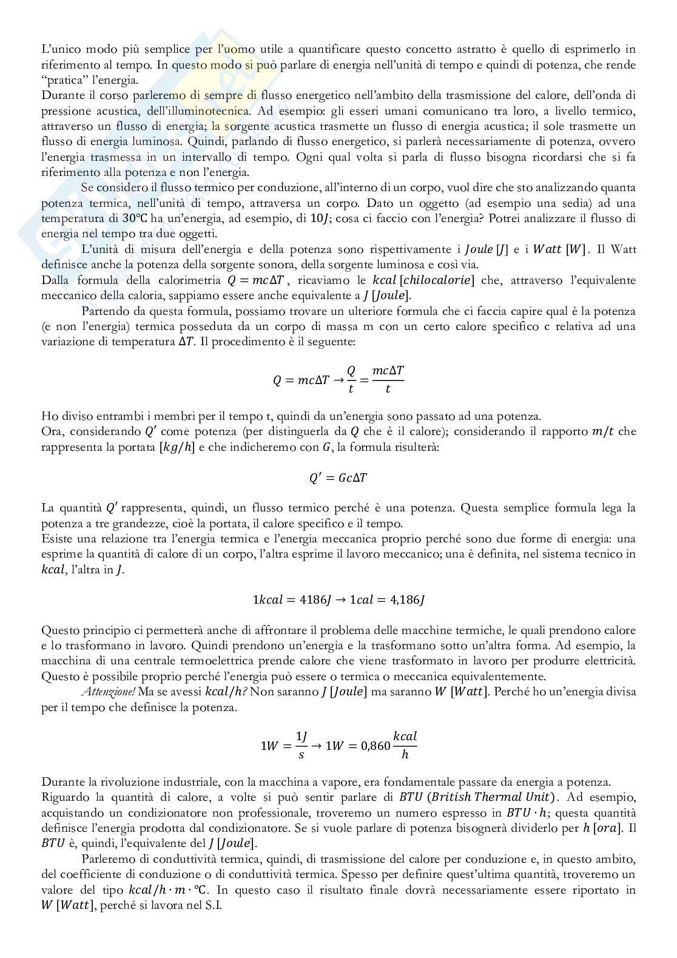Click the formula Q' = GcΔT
(338, 478)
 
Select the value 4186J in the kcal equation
(315, 600)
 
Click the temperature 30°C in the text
(135, 218)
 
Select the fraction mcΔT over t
(388, 380)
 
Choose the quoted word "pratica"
(65, 81)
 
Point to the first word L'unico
(61, 50)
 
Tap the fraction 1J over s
(301, 746)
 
